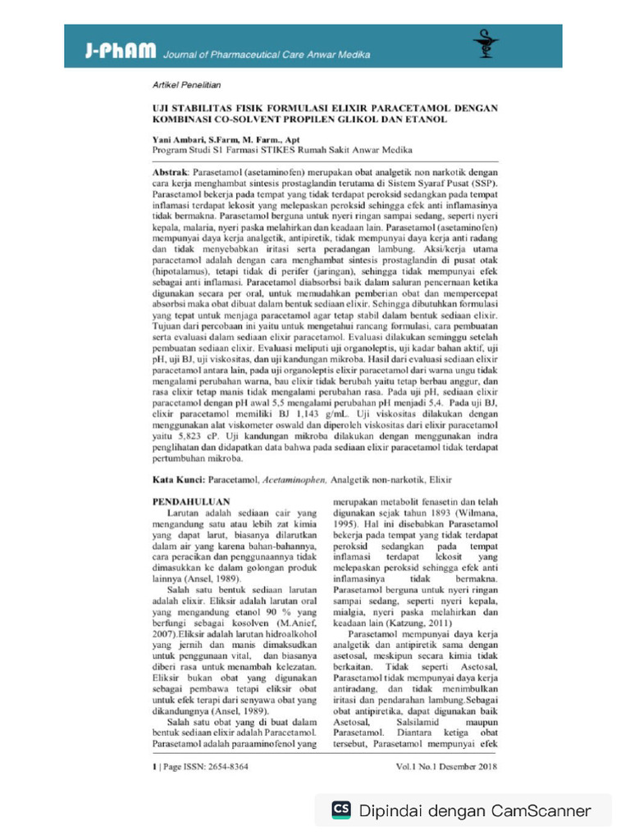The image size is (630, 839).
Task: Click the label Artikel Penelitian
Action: [187, 85]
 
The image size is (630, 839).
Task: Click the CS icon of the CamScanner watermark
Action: [341, 810]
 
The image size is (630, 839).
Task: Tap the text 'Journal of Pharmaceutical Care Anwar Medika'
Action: [267, 55]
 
